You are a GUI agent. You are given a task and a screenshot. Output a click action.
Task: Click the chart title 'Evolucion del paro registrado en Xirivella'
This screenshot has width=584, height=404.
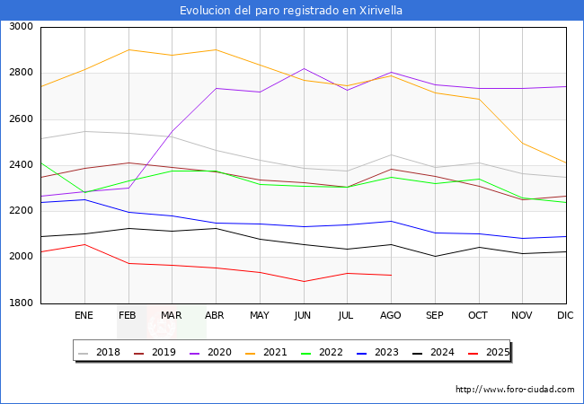coord(291,11)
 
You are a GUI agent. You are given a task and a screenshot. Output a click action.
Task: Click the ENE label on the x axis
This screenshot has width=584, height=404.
coord(84,316)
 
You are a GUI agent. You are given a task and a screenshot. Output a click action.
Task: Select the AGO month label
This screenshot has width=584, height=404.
coord(391,316)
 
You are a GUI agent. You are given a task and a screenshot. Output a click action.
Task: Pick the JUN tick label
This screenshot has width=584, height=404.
coord(303,316)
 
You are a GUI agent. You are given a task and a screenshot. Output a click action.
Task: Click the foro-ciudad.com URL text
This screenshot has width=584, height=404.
coord(515,390)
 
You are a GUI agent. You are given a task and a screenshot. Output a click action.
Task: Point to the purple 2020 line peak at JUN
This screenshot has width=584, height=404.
coord(304,69)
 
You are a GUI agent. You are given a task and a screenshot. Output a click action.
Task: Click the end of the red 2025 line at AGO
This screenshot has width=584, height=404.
coord(391,275)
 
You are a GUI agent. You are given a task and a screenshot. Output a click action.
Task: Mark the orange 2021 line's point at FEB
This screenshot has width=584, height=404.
coord(128,49)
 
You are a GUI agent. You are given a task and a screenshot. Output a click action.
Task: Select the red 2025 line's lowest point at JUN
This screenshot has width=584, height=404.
coord(304,282)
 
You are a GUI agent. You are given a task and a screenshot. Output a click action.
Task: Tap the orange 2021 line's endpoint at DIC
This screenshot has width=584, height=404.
coord(566,163)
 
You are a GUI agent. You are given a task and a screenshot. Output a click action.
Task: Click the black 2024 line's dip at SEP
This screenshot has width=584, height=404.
coord(435,257)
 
